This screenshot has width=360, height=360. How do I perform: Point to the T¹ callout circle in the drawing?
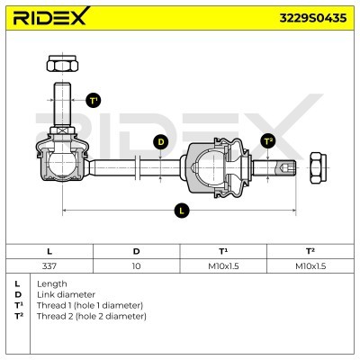[x=93, y=101]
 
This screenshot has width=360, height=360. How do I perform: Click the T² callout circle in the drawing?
[x=267, y=141]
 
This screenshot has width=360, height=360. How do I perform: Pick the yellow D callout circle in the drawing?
[x=160, y=141]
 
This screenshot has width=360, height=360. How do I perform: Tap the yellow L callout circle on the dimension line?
[x=184, y=210]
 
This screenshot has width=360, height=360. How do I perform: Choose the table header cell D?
[x=136, y=251]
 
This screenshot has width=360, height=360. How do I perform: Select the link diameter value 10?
[x=136, y=266]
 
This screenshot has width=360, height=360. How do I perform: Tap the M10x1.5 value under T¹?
[x=222, y=266]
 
